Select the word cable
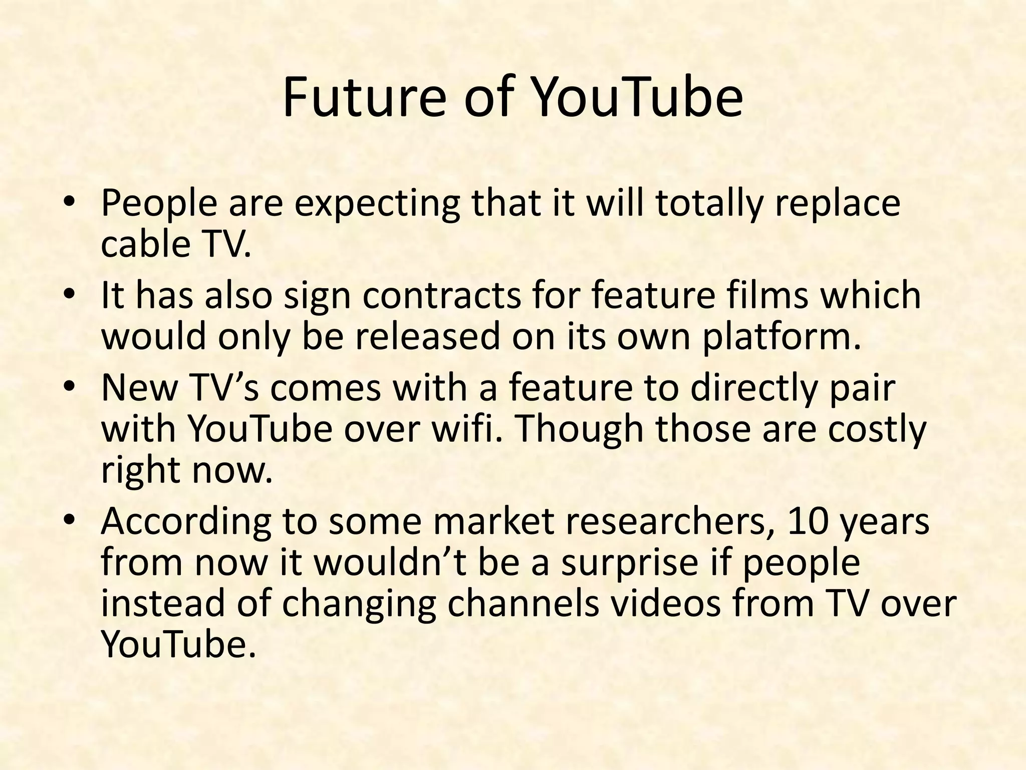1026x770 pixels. click(146, 244)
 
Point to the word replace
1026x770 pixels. click(837, 205)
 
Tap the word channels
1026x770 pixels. click(523, 604)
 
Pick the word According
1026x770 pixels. click(186, 523)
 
